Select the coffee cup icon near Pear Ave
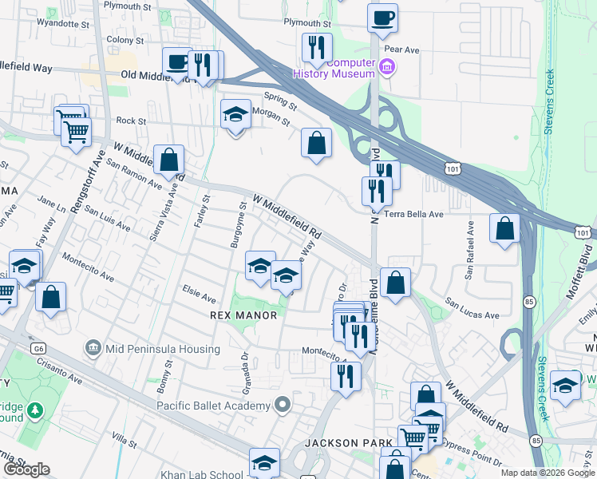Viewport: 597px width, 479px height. tap(383, 18)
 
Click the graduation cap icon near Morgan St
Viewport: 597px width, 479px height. tap(235, 115)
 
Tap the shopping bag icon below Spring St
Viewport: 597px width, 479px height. tap(317, 144)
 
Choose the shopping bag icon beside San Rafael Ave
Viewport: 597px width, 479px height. tap(504, 229)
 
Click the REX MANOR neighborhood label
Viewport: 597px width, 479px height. tap(243, 315)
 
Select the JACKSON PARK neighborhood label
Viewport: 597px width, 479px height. tap(348, 442)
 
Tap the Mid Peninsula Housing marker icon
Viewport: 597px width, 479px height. tap(93, 348)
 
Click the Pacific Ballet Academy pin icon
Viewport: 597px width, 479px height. tap(281, 406)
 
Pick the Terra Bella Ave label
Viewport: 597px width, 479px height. tap(413, 215)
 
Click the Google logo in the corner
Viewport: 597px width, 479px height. tap(26, 469)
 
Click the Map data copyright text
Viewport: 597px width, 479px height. tap(548, 473)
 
